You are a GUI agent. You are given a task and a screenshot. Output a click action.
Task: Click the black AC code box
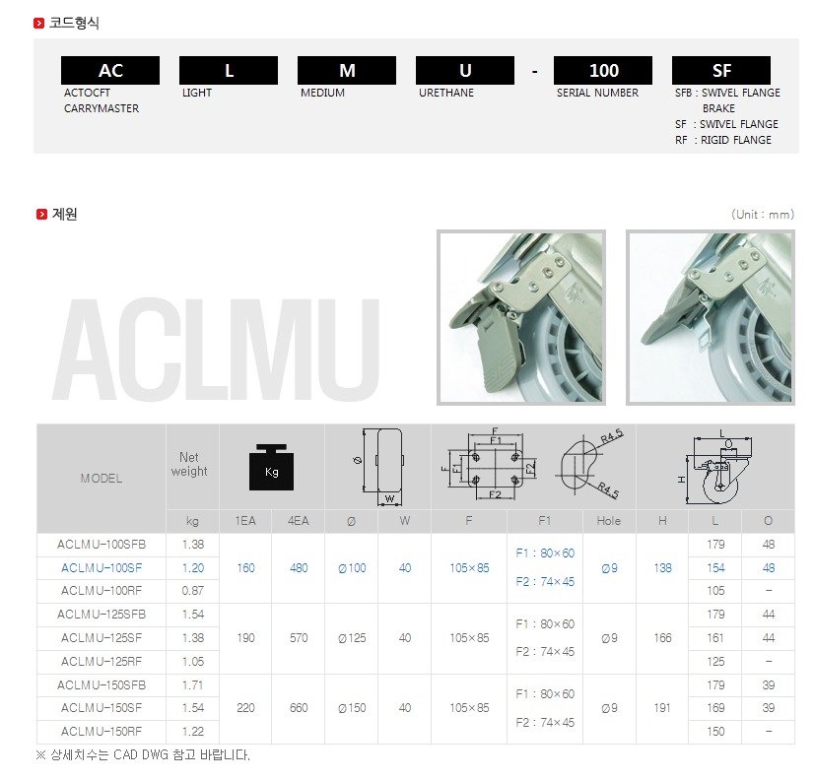click(110, 70)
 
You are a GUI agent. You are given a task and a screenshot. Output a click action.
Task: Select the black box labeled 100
click(603, 70)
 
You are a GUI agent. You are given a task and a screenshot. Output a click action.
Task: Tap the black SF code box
click(721, 70)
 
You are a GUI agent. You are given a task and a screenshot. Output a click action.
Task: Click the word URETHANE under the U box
click(446, 93)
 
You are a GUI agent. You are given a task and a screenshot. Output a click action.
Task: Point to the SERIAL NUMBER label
click(597, 93)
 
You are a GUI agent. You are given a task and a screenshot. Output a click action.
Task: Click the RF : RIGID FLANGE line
click(723, 140)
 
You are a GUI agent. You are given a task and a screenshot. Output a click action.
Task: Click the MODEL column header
click(102, 479)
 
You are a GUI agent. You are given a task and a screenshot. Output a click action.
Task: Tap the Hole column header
click(609, 521)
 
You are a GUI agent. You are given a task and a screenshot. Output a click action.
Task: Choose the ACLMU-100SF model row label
click(102, 568)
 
